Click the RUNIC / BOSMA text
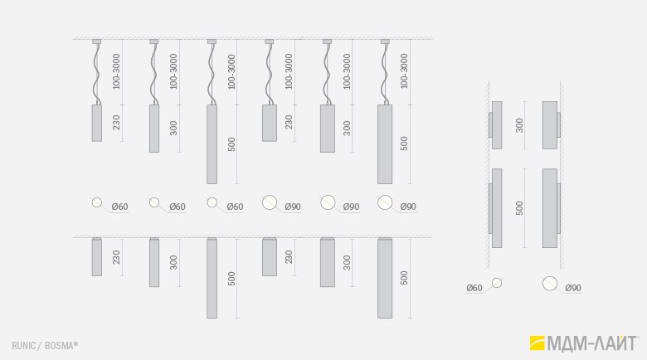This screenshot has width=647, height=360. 45,346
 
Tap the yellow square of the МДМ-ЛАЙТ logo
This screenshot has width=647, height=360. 538,343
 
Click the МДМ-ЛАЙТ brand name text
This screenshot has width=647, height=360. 592,343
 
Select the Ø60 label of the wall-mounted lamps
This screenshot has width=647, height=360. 474,288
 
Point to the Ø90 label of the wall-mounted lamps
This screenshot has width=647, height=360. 573,288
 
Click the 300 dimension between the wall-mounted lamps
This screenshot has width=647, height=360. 519,125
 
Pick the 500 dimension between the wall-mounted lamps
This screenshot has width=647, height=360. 519,208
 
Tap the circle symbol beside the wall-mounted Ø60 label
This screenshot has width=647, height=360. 497,283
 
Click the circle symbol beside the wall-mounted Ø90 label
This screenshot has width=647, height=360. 550,284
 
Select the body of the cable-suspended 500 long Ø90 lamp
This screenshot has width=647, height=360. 385,144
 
